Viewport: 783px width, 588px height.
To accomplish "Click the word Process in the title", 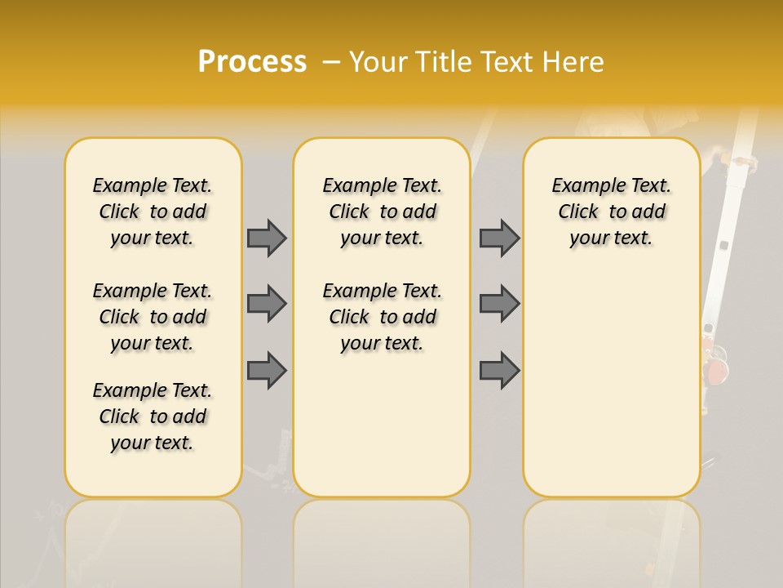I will pyautogui.click(x=252, y=62).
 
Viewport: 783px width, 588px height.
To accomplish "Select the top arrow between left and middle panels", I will pyautogui.click(x=267, y=238).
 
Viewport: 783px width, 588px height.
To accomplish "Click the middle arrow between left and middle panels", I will pyautogui.click(x=267, y=304).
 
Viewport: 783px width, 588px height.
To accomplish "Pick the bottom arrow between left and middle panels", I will pyautogui.click(x=267, y=370).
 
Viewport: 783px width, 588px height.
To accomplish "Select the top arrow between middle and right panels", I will pyautogui.click(x=499, y=238).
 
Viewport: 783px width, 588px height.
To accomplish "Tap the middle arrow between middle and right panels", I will pyautogui.click(x=499, y=304).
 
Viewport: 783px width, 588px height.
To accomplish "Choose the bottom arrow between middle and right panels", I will pyautogui.click(x=499, y=370).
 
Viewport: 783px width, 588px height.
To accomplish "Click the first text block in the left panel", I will pyautogui.click(x=153, y=212).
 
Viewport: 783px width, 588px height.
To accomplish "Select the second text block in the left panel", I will pyautogui.click(x=153, y=317).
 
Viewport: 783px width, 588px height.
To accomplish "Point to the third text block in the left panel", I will pyautogui.click(x=153, y=416).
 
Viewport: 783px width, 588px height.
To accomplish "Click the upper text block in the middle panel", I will pyautogui.click(x=382, y=212).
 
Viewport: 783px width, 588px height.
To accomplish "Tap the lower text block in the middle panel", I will pyautogui.click(x=382, y=317).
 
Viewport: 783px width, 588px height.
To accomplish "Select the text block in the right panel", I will pyautogui.click(x=611, y=212).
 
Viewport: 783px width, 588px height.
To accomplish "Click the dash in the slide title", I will pyautogui.click(x=330, y=62).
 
